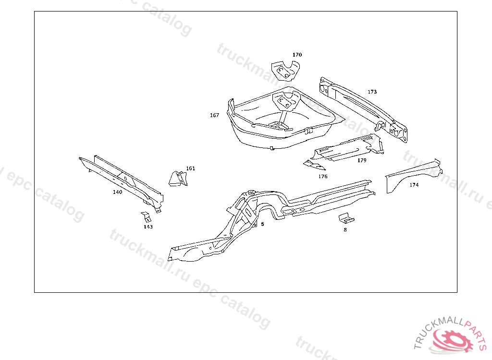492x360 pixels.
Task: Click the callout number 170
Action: (x=297, y=55)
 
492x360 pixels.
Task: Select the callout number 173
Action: (x=372, y=92)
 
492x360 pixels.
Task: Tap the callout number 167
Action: (x=214, y=115)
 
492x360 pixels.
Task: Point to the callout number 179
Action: (x=362, y=160)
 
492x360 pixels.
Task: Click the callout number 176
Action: (x=322, y=177)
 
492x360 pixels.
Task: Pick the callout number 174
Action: (x=414, y=185)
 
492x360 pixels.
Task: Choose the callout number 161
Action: (x=191, y=168)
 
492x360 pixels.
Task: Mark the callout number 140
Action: (x=117, y=192)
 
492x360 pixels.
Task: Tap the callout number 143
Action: (x=148, y=227)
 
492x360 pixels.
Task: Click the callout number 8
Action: (x=344, y=230)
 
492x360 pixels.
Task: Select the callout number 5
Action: (x=262, y=224)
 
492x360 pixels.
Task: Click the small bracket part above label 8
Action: (x=345, y=218)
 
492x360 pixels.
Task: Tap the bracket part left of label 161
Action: (x=176, y=178)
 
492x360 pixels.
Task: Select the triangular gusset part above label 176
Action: (x=314, y=165)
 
